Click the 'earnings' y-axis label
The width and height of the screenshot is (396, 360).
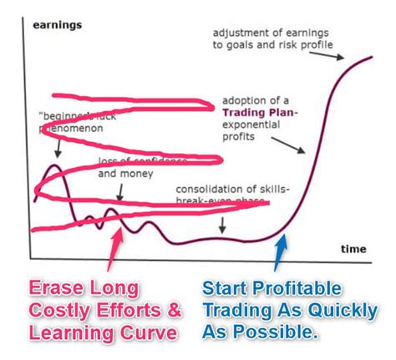[58, 25]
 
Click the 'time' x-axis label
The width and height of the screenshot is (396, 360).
[353, 248]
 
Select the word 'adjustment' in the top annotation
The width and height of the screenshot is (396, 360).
[242, 33]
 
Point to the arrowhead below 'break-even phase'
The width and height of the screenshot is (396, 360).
[222, 230]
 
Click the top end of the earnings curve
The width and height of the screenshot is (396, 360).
[371, 57]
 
